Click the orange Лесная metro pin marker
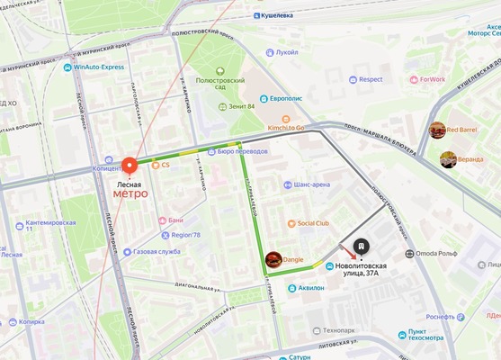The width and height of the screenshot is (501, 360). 130,166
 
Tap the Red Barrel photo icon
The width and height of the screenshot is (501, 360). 437,130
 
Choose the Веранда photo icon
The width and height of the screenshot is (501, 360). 448,159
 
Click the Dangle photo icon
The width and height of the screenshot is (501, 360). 273,259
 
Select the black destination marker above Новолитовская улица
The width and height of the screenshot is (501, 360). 360,246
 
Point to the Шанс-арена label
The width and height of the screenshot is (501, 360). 310,184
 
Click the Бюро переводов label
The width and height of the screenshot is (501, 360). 242,151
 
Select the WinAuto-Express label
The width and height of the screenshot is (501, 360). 98,67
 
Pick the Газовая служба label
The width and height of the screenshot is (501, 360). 157,252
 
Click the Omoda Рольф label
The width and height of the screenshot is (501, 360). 438,254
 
